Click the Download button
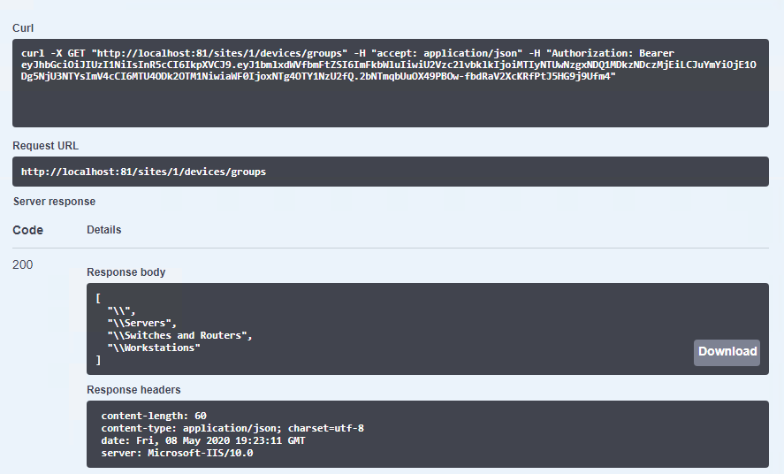[x=727, y=353]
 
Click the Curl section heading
[x=23, y=28]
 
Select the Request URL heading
[x=45, y=146]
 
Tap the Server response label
[x=54, y=202]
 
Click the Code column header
[x=28, y=230]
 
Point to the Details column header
[x=104, y=230]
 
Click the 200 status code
[x=22, y=264]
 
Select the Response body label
[x=126, y=272]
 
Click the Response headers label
[x=133, y=389]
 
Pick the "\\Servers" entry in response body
[x=142, y=323]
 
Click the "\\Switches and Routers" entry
[x=179, y=335]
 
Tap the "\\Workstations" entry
[x=154, y=348]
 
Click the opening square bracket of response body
[x=98, y=299]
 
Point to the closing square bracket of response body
[x=98, y=360]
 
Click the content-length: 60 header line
[x=154, y=416]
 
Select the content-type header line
[x=232, y=429]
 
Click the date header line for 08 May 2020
[x=203, y=440]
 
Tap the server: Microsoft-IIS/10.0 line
[x=177, y=453]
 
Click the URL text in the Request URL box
[x=143, y=172]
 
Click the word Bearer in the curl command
[x=657, y=53]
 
